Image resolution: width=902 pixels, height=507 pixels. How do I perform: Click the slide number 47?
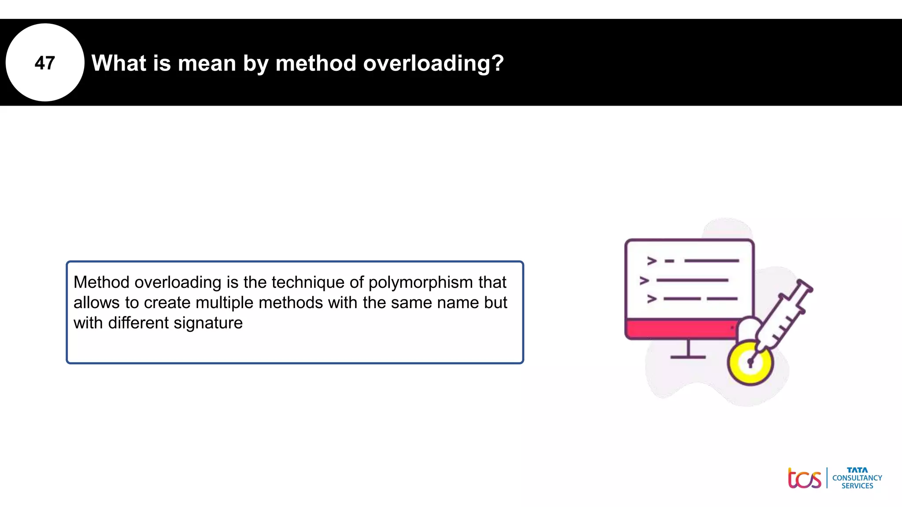tap(44, 63)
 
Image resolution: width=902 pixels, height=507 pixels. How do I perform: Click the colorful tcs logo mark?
tap(804, 478)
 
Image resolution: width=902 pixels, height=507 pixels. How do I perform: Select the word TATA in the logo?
tap(857, 470)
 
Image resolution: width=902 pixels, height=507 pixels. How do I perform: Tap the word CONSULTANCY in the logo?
tap(857, 478)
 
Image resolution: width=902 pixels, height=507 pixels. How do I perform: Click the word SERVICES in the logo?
tap(857, 486)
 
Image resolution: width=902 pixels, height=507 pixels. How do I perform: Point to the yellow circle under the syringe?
tap(750, 362)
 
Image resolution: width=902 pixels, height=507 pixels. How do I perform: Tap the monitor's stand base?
tap(688, 357)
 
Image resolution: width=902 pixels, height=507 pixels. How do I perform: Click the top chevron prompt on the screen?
tap(652, 261)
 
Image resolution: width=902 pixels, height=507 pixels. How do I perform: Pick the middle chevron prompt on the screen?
tap(644, 280)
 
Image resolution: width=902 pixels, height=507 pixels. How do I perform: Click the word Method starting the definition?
tap(101, 283)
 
